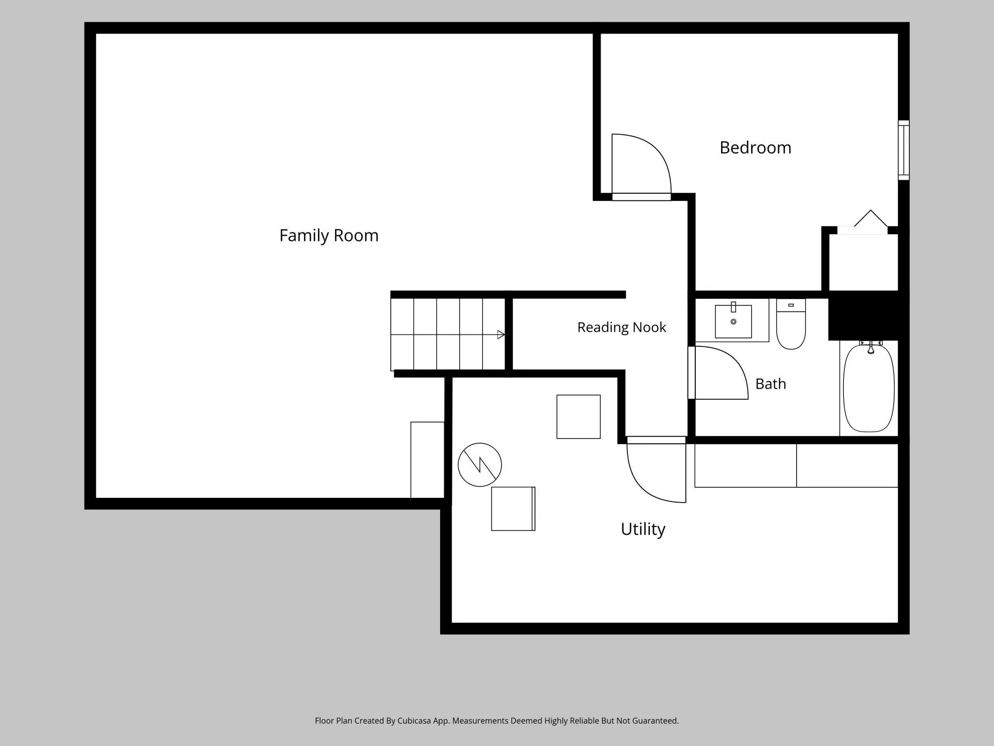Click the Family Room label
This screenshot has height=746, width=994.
point(329,236)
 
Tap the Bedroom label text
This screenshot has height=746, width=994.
point(756,148)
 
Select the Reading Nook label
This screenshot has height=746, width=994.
point(621,328)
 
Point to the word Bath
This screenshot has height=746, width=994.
point(770,384)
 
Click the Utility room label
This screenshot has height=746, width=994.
point(643,529)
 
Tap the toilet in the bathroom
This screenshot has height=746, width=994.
point(791,324)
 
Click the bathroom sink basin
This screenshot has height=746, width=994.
point(733,321)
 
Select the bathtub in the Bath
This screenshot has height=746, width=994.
point(869,387)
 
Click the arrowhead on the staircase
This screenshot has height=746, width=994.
point(501,335)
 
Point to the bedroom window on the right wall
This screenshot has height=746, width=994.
point(903,150)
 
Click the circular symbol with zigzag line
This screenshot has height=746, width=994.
point(480,465)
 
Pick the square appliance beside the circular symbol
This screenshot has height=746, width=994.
point(513,509)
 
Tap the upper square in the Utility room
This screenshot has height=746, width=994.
point(578,417)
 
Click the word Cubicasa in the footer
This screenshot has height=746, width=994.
point(414,721)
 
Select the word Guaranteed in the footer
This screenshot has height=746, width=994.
point(655,721)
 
